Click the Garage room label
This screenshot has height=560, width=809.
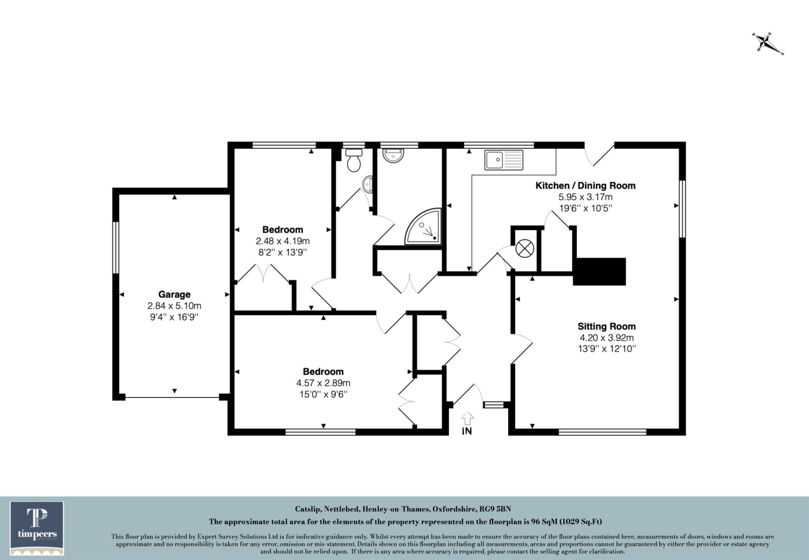click(174, 294)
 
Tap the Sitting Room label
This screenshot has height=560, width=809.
click(607, 326)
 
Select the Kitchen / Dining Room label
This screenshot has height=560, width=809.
click(585, 185)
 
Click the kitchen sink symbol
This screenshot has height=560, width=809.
click(504, 160)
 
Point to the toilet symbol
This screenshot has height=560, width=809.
click(353, 160)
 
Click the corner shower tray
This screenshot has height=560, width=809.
click(423, 227)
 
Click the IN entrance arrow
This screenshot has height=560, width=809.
click(467, 419)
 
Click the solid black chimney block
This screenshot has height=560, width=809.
click(600, 271)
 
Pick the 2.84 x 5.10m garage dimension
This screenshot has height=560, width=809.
click(174, 306)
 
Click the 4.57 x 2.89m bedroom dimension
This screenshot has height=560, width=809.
click(323, 383)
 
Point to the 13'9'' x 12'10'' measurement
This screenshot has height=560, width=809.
click(607, 349)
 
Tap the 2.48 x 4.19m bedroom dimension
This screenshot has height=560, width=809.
click(282, 241)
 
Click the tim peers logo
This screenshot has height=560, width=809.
click(37, 528)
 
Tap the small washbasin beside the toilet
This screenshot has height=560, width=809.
click(367, 184)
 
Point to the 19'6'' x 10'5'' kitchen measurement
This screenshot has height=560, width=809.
click(585, 208)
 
